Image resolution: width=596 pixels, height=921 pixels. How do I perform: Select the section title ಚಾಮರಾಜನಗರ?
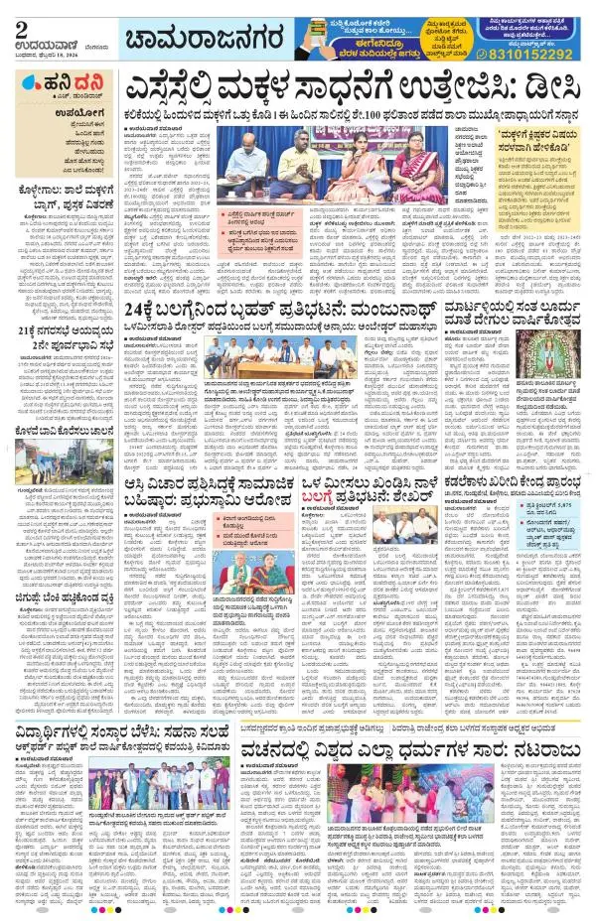point(199,39)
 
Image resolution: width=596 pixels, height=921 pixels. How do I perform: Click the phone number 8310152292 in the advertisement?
point(533,55)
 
